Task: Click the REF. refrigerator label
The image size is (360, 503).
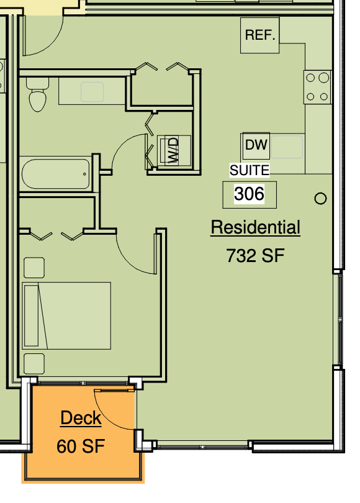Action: coord(260,35)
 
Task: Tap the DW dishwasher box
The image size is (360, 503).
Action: coord(256,146)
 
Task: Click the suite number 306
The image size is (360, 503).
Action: coord(249,194)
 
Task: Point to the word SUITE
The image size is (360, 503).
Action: coord(250,170)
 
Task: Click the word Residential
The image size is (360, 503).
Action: coord(255,228)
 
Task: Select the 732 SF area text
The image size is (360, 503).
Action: coord(255,255)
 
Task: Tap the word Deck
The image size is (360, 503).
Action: coord(81,418)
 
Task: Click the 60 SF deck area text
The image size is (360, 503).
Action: coord(81,446)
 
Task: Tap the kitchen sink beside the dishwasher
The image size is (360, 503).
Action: coord(287,147)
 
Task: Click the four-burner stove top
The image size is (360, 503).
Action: coord(317,87)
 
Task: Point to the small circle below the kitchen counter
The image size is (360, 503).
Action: coord(320,199)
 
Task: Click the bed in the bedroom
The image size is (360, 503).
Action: coord(66,315)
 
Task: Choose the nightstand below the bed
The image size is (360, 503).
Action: coord(34,363)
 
